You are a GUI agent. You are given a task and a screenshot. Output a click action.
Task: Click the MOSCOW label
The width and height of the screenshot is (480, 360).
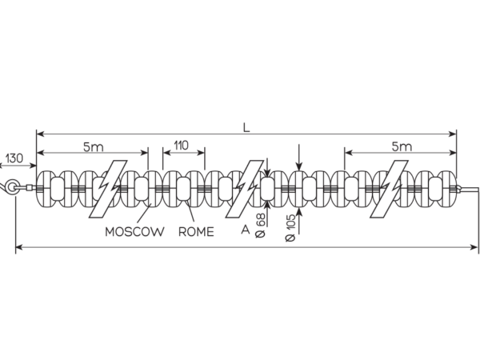click(x=134, y=232)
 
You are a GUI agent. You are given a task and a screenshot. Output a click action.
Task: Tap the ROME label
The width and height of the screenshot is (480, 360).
click(x=196, y=232)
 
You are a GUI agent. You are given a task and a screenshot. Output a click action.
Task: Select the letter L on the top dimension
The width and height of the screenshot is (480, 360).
click(x=246, y=128)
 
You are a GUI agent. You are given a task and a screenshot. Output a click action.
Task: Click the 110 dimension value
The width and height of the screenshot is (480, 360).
click(x=182, y=146)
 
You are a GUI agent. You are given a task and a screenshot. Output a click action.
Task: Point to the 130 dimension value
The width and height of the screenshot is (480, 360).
click(x=14, y=158)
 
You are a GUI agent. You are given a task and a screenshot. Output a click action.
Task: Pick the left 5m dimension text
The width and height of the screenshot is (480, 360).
click(x=94, y=147)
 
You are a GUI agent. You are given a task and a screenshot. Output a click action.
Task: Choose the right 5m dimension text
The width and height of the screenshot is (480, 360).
click(x=402, y=147)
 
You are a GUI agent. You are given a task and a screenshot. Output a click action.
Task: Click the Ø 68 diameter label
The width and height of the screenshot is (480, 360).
click(x=260, y=226)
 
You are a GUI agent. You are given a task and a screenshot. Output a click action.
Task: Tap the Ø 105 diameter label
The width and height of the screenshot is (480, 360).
click(x=290, y=228)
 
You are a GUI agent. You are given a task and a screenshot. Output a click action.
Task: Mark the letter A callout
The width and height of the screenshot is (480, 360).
click(x=246, y=230)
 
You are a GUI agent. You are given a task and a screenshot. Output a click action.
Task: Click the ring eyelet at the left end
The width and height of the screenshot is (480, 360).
click(x=12, y=186)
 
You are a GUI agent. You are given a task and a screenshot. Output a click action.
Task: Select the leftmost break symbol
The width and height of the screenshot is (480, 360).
click(x=108, y=189)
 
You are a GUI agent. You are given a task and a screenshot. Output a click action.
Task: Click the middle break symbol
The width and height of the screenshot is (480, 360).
click(x=245, y=189)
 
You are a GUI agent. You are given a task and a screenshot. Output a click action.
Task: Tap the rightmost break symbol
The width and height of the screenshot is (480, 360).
click(x=389, y=189)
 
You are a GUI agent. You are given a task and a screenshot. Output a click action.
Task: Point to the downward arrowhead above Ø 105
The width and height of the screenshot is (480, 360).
click(x=299, y=166)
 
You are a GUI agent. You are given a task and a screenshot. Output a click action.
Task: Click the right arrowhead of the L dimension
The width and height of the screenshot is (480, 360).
click(x=452, y=134)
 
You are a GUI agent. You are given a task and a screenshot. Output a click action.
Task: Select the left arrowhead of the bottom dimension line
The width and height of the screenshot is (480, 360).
click(x=19, y=247)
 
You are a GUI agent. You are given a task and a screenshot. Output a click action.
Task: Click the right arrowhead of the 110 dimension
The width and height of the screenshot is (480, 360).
click(x=201, y=152)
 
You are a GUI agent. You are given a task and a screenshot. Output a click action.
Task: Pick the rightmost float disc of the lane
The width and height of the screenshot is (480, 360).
click(x=447, y=188)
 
